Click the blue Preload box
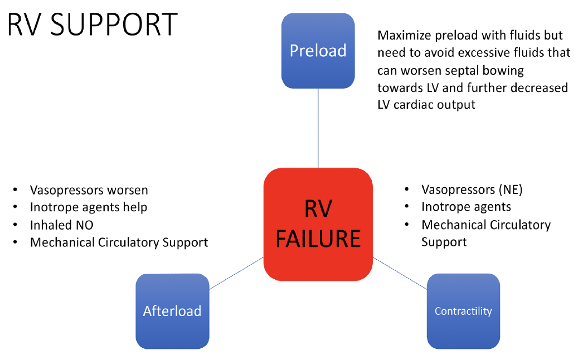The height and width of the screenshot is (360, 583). (x=318, y=50)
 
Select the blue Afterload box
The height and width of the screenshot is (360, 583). (x=172, y=310)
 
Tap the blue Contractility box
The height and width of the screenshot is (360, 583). (x=463, y=310)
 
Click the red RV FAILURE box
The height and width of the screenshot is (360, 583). (x=318, y=224)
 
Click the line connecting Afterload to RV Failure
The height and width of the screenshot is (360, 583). (x=236, y=273)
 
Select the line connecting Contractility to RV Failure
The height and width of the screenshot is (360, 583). (x=400, y=273)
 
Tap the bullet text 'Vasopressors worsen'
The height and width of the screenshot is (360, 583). (x=89, y=190)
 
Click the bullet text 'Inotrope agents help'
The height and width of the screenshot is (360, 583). (x=89, y=207)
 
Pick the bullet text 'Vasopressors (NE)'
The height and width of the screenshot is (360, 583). (x=472, y=189)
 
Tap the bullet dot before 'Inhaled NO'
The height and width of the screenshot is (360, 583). (x=15, y=225)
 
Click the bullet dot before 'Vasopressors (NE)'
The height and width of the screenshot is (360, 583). (x=407, y=190)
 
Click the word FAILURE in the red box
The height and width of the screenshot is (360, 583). (x=318, y=239)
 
